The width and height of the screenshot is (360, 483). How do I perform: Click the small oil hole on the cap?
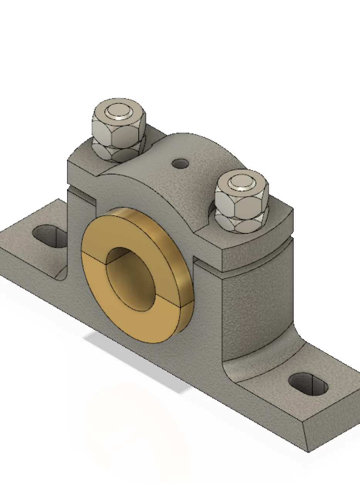tap(180, 164)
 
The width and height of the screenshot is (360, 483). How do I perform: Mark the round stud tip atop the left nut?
tap(119, 111)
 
